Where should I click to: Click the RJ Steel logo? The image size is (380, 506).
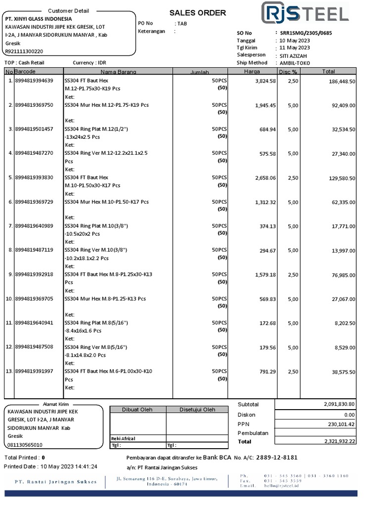click(x=304, y=12)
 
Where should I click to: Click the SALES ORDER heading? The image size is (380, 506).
click(x=197, y=13)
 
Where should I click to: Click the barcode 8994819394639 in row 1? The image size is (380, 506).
click(x=34, y=81)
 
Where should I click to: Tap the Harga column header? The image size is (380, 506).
click(x=252, y=72)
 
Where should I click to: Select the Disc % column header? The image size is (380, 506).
click(x=288, y=72)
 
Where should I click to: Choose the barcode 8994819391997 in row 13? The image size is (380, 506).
click(x=34, y=371)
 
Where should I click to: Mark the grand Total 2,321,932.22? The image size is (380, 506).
click(x=339, y=441)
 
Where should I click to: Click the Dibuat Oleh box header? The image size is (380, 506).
click(x=138, y=410)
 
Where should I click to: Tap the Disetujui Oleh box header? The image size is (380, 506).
click(x=197, y=410)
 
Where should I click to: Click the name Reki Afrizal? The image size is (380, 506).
click(x=123, y=438)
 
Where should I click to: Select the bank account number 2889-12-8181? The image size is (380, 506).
click(x=277, y=458)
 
